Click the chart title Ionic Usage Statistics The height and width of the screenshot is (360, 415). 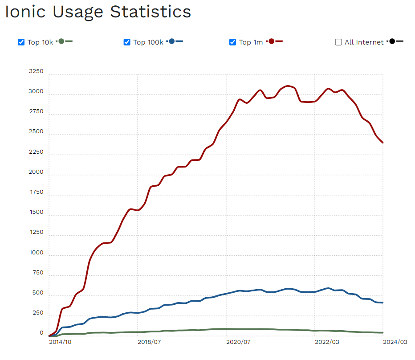click(x=98, y=12)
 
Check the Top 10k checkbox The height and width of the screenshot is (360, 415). click(x=21, y=42)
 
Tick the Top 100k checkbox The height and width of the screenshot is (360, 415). click(x=127, y=42)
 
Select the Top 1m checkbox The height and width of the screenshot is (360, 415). click(x=232, y=42)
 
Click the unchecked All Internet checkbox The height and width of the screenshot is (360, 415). click(x=338, y=42)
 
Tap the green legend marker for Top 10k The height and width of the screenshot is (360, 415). click(x=62, y=41)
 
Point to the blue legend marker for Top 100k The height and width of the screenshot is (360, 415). click(x=172, y=41)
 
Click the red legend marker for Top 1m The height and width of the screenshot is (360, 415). click(x=272, y=41)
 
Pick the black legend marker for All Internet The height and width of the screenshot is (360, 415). click(x=392, y=41)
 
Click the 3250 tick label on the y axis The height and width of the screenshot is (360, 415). click(x=36, y=71)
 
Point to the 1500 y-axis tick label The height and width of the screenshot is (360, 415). click(x=36, y=212)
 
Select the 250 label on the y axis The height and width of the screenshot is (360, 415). click(x=37, y=313)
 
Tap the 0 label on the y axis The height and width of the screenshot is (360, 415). click(x=41, y=333)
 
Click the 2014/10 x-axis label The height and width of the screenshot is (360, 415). click(x=60, y=342)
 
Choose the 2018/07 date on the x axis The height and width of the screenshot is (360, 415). click(x=149, y=342)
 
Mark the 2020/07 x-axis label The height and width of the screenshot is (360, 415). click(x=238, y=342)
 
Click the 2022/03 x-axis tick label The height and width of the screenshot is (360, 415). click(x=327, y=342)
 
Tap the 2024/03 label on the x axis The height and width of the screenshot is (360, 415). click(x=395, y=342)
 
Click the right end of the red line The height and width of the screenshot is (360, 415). click(x=382, y=143)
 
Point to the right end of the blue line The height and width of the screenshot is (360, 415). click(x=382, y=303)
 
